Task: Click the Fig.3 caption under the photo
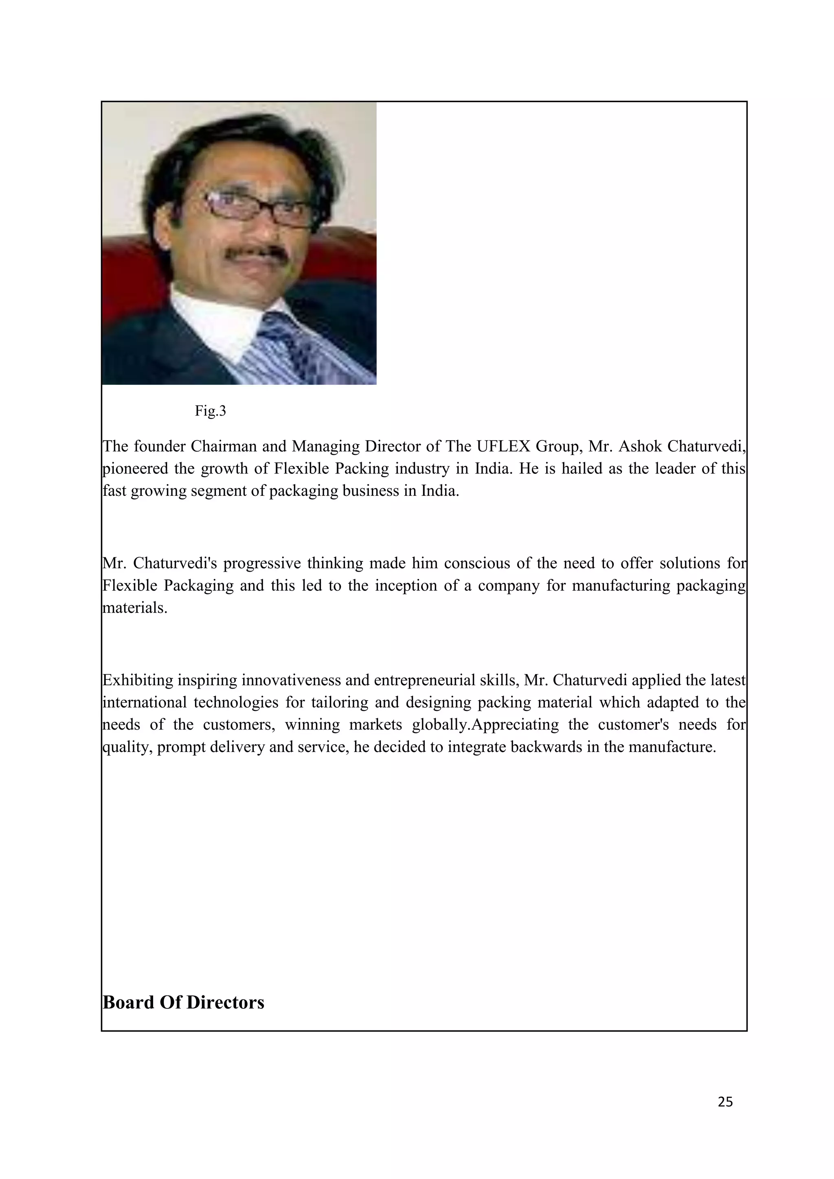click(x=210, y=411)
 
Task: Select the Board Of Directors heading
click(x=183, y=1002)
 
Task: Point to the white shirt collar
click(x=205, y=313)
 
